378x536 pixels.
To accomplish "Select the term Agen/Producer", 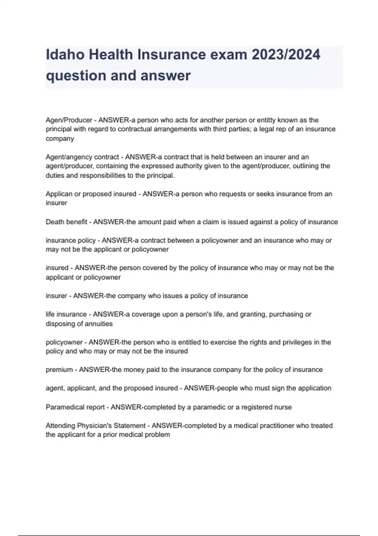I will click(x=69, y=120).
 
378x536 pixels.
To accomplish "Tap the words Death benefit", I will click(x=66, y=222).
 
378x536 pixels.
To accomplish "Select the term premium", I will click(x=59, y=370).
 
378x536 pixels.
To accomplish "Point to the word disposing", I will click(x=60, y=324).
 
